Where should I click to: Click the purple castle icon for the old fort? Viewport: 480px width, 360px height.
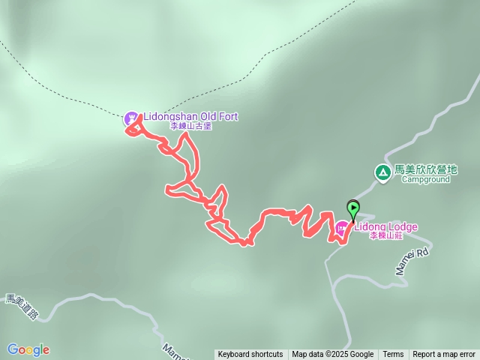pyautogui.click(x=131, y=118)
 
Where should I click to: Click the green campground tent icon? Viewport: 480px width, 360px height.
pyautogui.click(x=382, y=173)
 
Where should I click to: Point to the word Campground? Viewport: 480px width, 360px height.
pyautogui.click(x=425, y=180)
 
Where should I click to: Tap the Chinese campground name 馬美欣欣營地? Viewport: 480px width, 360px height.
pyautogui.click(x=426, y=170)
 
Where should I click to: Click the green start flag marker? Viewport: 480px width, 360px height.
pyautogui.click(x=352, y=209)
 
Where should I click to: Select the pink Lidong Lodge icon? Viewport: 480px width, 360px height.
pyautogui.click(x=342, y=227)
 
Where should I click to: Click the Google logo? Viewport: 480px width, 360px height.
pyautogui.click(x=28, y=349)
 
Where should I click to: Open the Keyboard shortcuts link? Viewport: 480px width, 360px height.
pyautogui.click(x=250, y=355)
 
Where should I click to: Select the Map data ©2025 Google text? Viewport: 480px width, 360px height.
pyautogui.click(x=333, y=355)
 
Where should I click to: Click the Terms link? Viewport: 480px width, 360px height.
pyautogui.click(x=393, y=355)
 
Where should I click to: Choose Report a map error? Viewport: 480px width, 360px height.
pyautogui.click(x=444, y=355)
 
